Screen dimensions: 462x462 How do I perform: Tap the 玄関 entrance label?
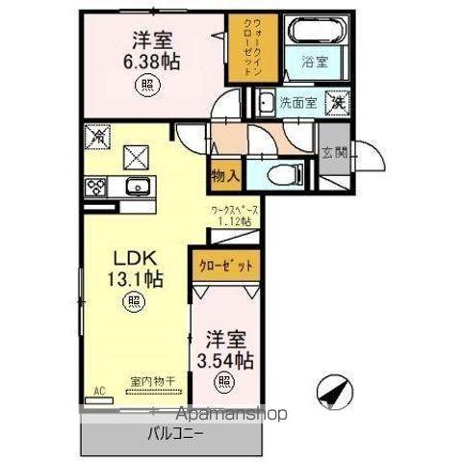point(335,151)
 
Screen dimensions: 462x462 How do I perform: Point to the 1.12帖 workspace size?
point(232,222)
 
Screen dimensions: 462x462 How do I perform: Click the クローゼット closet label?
point(227,262)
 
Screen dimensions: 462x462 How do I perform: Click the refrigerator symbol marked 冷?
point(95,139)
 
